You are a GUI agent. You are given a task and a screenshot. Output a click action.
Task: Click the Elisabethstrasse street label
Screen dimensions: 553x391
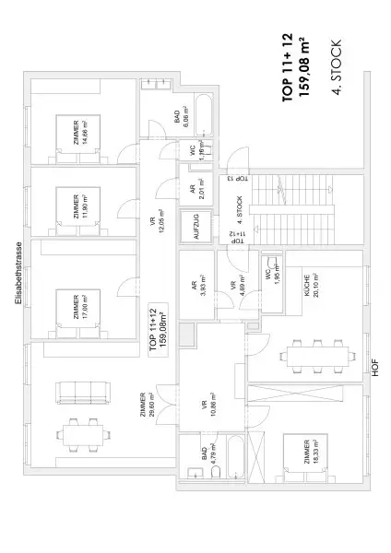pos(18,273)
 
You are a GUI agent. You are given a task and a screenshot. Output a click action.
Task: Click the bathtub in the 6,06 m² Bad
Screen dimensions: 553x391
pos(205,119)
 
